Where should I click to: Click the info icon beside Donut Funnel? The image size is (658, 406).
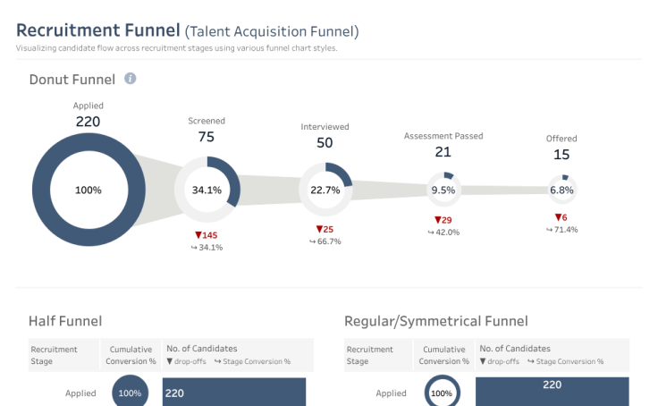130,79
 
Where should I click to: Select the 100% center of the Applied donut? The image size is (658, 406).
88,190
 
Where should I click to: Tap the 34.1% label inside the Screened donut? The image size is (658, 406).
207,190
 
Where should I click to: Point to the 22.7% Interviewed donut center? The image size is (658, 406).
325,190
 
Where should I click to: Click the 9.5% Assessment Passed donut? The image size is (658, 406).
443,190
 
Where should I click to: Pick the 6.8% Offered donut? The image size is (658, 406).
561,190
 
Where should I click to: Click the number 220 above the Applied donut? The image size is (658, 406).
88,122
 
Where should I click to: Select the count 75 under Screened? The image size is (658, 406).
207,137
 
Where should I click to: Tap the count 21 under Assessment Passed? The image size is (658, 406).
443,152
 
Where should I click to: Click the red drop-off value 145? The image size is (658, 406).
207,235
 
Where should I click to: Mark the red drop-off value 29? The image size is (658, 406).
443,220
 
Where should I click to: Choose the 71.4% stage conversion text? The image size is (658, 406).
562,230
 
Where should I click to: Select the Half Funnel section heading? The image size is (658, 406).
65,321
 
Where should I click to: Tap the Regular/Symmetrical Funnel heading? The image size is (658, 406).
435,321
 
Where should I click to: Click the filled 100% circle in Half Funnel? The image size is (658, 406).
130,393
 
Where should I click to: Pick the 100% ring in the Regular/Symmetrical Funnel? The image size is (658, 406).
441,393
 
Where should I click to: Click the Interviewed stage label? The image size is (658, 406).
325,127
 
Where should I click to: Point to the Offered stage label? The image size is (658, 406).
561,139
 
